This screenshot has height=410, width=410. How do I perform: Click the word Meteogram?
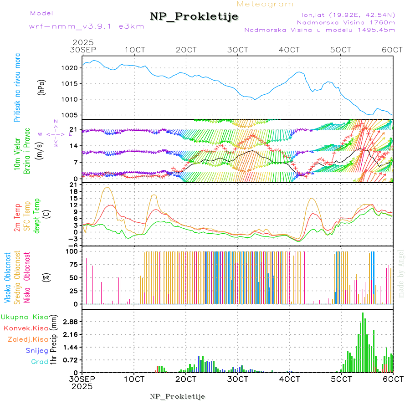pos(266,4)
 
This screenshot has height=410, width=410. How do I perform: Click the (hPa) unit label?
pos(42,87)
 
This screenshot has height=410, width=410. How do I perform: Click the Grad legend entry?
pos(39,362)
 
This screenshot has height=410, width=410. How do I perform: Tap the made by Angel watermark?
pos(401,273)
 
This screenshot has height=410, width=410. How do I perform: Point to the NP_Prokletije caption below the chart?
pos(178,397)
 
